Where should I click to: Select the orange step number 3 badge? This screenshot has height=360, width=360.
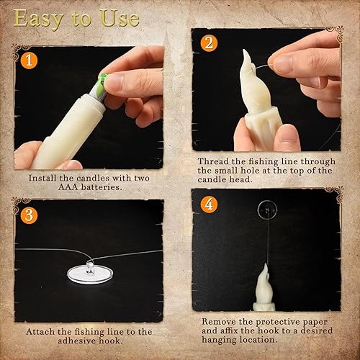tap(27, 215)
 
